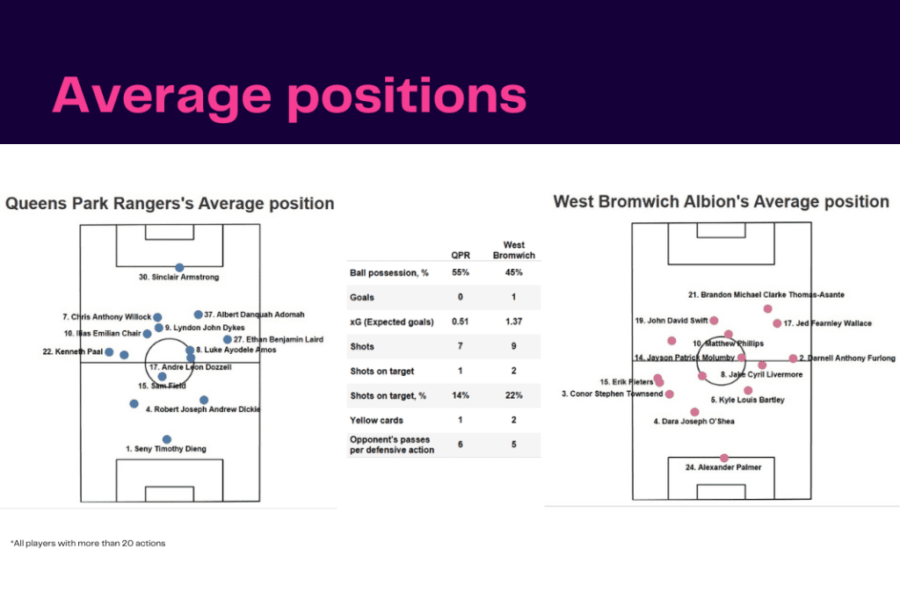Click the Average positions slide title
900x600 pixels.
coord(289,96)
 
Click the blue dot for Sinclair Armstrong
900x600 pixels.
coord(179,268)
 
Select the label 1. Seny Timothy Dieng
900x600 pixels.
coord(166,449)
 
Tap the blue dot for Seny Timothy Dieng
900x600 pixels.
coord(167,439)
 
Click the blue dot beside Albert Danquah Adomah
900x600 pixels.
coord(199,314)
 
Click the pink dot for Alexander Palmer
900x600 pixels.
coord(724,458)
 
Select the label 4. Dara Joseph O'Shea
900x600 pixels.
coord(693,421)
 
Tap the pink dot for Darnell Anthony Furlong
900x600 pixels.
coord(793,358)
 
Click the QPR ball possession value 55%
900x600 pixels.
coord(461,272)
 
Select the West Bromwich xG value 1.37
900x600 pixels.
coord(513,322)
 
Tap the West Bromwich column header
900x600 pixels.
coord(513,249)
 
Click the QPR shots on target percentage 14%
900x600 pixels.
coord(461,395)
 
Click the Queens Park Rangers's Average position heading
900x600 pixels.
coord(170,204)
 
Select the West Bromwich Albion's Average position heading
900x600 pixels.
coord(721,202)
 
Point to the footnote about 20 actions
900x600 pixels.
coord(88,543)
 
